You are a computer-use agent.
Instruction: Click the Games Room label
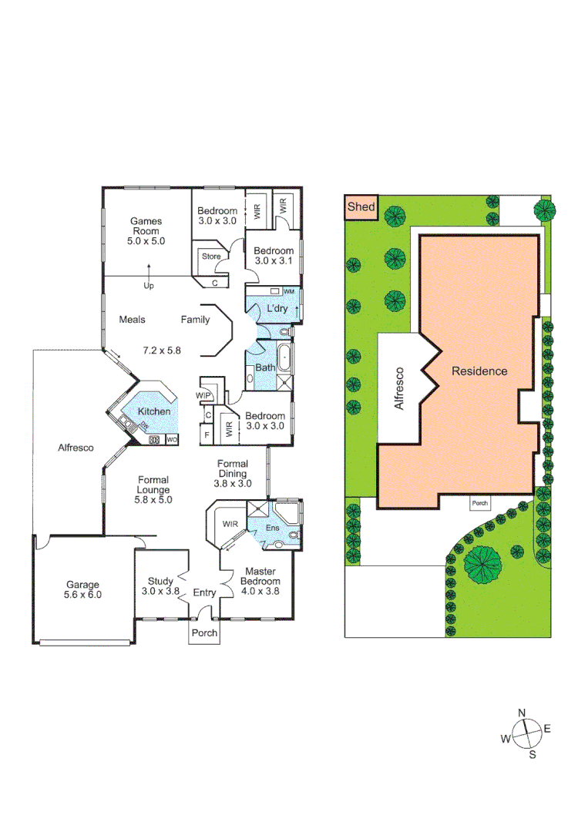point(146,226)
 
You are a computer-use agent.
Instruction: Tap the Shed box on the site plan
point(361,206)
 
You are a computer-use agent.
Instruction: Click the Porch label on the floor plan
point(204,632)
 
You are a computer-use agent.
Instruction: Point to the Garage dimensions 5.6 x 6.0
point(83,595)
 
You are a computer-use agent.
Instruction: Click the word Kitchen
point(154,411)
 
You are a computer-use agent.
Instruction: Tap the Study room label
point(160,581)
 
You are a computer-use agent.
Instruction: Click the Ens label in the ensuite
point(272,528)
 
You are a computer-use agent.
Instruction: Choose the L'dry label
point(277,309)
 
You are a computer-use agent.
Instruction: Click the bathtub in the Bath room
point(285,357)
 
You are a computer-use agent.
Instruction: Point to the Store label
point(211,257)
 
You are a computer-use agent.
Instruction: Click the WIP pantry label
point(204,396)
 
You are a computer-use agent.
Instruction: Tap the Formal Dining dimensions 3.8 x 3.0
point(233,484)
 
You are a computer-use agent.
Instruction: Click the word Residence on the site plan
point(479,371)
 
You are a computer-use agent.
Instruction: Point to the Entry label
point(204,592)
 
